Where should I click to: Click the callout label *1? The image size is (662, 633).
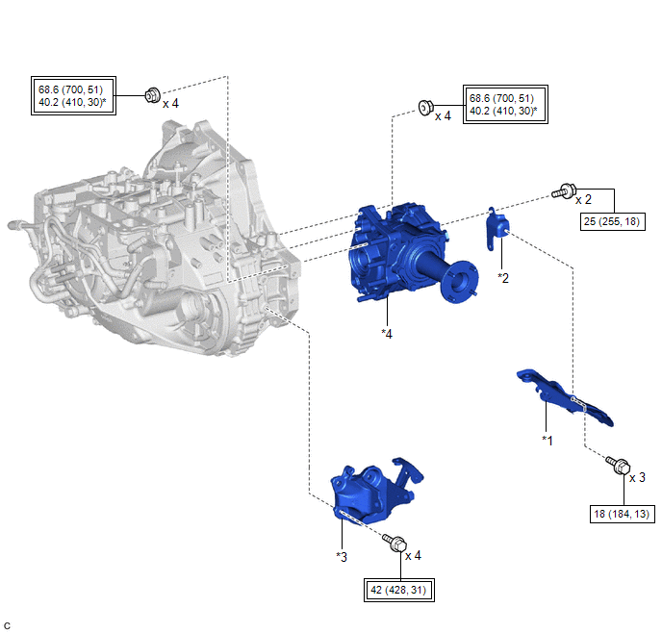547,441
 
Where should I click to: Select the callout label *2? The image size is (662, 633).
503,278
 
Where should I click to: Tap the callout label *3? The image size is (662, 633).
342,557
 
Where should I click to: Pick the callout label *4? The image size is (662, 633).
387,334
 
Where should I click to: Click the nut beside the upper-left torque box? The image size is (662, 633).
152,95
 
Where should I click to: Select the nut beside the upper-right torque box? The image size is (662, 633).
425,107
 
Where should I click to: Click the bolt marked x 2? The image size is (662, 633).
564,191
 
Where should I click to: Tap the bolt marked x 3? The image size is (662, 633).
619,465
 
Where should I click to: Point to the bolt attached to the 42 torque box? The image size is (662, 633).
395,543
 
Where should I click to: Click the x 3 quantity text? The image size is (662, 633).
637,477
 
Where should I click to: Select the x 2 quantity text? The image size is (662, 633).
583,199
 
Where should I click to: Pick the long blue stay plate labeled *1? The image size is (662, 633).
565,397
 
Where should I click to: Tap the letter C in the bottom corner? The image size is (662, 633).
7,625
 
